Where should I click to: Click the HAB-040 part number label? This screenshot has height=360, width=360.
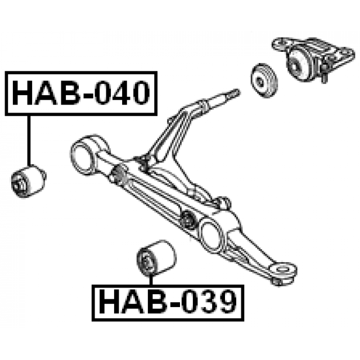(x=81, y=93)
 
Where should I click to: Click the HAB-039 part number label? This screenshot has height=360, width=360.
(x=168, y=303)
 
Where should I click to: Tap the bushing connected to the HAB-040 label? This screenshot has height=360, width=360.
(x=29, y=181)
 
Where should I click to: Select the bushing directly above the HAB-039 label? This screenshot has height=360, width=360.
(x=156, y=258)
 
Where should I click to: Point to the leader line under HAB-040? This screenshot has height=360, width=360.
(x=29, y=141)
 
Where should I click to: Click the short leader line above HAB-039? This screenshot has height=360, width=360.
(x=151, y=280)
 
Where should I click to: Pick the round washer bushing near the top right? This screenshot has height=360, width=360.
(x=264, y=80)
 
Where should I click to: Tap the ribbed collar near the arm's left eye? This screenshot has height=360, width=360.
(x=119, y=174)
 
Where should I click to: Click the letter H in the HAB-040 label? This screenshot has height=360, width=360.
(x=23, y=93)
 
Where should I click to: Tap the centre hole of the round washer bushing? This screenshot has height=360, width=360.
(x=260, y=82)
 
